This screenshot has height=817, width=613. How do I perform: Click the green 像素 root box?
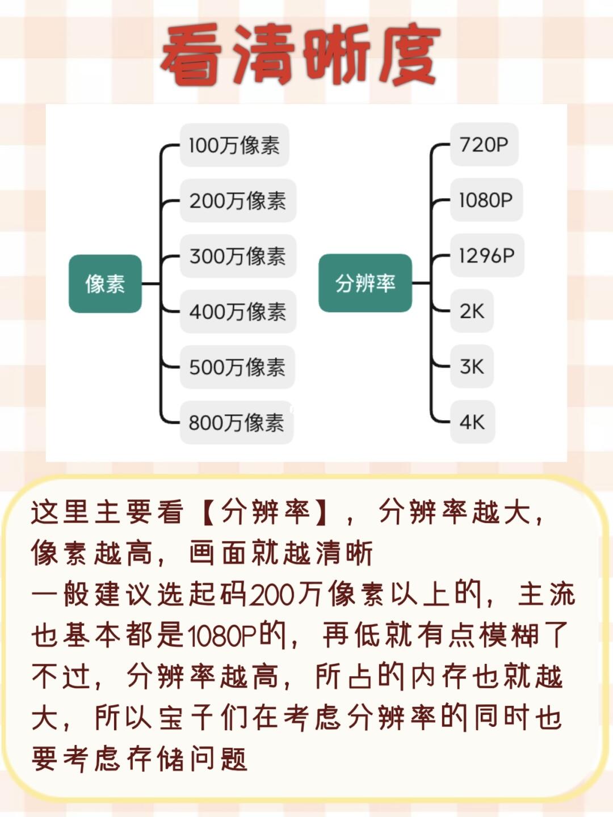(105, 283)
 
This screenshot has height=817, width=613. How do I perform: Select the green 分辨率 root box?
(365, 283)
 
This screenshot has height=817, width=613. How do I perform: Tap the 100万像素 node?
(234, 145)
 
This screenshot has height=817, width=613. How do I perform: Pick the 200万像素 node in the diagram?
(238, 201)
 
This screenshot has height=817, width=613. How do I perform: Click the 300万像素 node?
(238, 256)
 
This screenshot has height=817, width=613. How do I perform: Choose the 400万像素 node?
(238, 311)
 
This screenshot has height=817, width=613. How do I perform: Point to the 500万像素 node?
(237, 367)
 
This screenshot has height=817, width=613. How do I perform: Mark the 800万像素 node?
(236, 423)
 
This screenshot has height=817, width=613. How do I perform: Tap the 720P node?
(484, 145)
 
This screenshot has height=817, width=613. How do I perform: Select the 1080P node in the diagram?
(486, 200)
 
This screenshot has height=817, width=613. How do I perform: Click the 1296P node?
(486, 256)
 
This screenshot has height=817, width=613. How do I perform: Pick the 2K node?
(472, 311)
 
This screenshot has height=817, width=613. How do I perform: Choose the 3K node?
(472, 367)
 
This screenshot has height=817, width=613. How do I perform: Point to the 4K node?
(472, 422)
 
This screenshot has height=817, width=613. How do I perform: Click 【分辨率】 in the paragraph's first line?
(264, 512)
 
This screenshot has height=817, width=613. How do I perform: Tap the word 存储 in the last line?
(156, 759)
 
